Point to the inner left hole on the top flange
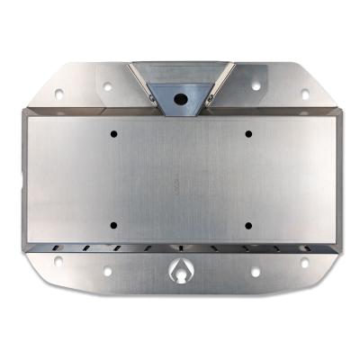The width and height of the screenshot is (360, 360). (x=108, y=87)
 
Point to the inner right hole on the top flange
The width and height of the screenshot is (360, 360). (x=255, y=87)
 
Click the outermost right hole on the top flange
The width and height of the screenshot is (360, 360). (x=304, y=93)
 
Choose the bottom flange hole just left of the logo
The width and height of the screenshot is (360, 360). (x=107, y=271)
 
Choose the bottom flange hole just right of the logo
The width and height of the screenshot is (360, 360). (x=255, y=271)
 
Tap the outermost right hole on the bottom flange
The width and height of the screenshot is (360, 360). (x=303, y=262)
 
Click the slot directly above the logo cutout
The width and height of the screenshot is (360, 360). (x=181, y=247)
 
